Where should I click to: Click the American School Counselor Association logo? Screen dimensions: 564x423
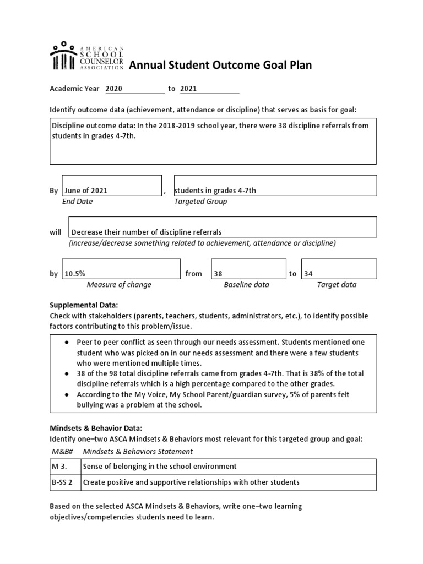(x=87, y=56)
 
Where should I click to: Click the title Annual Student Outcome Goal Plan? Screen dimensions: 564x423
(x=220, y=66)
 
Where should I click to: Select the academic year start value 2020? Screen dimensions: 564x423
(x=114, y=89)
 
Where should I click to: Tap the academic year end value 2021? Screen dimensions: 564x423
(x=188, y=89)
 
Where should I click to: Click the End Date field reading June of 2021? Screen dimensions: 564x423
(x=86, y=191)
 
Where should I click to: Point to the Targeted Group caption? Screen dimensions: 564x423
(x=200, y=202)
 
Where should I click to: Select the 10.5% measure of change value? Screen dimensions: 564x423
(x=75, y=274)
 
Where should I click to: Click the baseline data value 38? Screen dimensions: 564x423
(x=218, y=274)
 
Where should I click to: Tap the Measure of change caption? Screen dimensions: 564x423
(x=119, y=285)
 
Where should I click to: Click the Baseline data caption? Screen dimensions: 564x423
(x=246, y=285)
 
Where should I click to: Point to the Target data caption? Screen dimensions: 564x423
(x=337, y=285)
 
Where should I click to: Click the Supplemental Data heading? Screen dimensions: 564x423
(x=84, y=305)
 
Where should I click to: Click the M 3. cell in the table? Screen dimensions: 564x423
(x=59, y=467)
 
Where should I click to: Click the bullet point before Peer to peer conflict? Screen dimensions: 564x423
(x=66, y=342)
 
